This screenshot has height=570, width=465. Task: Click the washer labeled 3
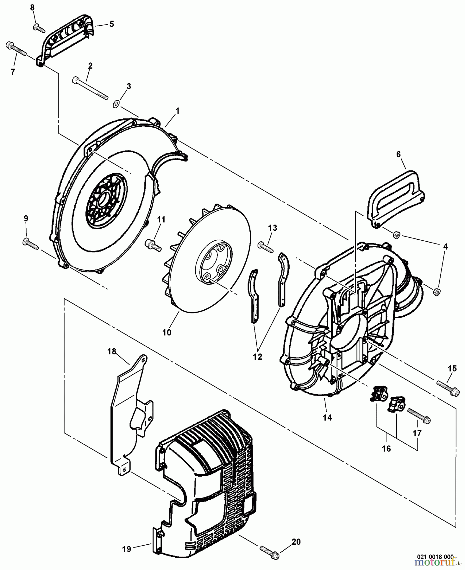[116, 103]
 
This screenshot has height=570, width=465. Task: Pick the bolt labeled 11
[153, 244]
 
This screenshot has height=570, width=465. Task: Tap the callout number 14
[327, 417]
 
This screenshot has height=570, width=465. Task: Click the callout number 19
[127, 549]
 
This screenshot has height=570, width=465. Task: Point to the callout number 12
[258, 357]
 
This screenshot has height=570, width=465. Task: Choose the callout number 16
[386, 448]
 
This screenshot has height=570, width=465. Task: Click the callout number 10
[167, 332]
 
